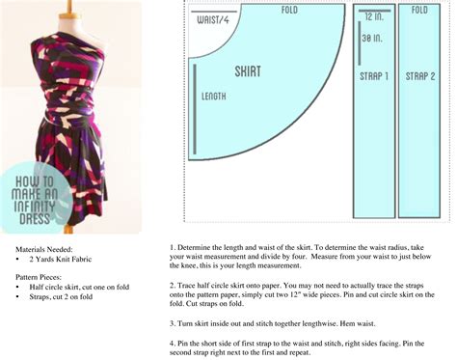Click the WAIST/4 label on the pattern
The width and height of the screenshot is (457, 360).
[214, 19]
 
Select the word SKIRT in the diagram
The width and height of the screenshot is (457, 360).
[248, 71]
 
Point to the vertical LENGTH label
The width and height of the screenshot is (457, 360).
[214, 97]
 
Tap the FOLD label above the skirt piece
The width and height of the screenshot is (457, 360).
[289, 11]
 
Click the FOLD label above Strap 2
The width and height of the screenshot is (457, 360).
[419, 11]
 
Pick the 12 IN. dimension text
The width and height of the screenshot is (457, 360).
[375, 18]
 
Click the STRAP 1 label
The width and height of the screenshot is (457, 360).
[373, 76]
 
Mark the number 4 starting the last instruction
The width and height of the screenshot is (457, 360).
[172, 344]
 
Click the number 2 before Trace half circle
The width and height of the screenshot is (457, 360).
[172, 285]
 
